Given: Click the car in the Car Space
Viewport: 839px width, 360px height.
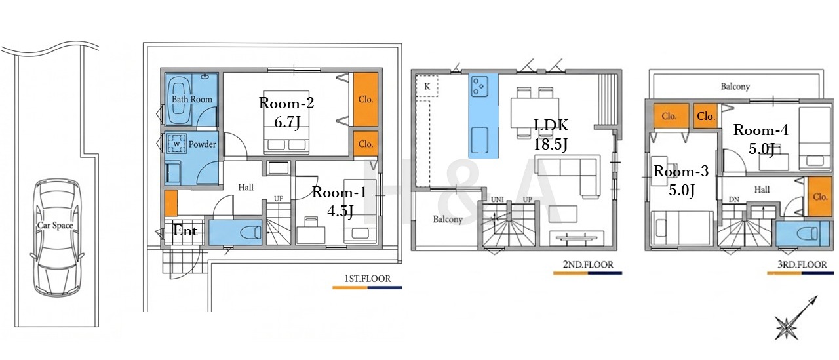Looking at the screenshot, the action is (x=56, y=237).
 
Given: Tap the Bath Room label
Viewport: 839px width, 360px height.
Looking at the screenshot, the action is (x=192, y=99).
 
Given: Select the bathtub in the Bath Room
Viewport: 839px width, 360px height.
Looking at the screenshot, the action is (x=179, y=100).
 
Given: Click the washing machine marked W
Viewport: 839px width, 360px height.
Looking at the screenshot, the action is (x=177, y=144).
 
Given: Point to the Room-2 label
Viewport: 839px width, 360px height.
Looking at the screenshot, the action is (x=286, y=103).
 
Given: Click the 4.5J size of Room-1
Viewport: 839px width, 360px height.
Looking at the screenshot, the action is (x=340, y=211).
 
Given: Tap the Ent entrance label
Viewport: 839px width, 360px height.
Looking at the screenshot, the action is (x=185, y=230).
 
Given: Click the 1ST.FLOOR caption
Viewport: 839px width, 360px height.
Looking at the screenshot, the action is (x=368, y=279).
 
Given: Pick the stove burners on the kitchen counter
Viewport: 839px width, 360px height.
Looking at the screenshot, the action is (x=479, y=87).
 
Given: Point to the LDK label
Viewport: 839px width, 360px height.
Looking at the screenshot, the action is (x=551, y=125).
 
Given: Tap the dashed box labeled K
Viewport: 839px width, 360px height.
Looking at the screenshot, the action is (x=427, y=86).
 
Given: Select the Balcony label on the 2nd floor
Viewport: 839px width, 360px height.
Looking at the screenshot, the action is (x=448, y=219).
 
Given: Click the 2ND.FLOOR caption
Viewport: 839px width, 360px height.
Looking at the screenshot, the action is (x=588, y=264).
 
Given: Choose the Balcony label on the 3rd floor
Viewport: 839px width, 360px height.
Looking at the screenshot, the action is (x=735, y=87).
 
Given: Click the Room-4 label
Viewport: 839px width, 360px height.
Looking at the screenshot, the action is (x=761, y=130).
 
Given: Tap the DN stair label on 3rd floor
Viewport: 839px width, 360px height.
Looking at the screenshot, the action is (x=734, y=199).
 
